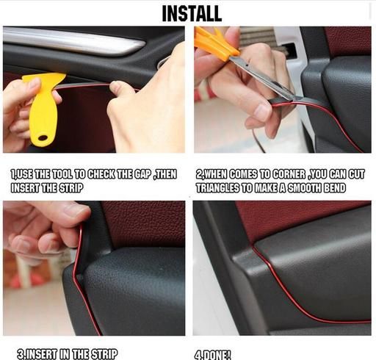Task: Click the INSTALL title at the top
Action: click(192, 13)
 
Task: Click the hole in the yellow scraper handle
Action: click(43, 137)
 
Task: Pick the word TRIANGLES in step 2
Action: click(218, 188)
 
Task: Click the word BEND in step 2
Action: click(335, 188)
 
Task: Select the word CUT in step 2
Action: click(357, 174)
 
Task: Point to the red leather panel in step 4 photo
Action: click(294, 220)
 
